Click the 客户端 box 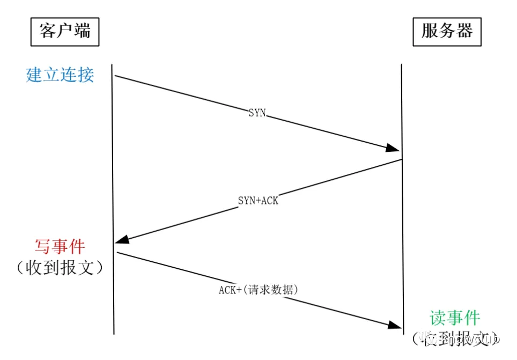point(65,32)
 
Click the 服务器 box point(447,32)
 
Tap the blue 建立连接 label point(60,75)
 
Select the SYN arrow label point(257,113)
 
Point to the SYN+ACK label point(258,201)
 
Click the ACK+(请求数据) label point(258,290)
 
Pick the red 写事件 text point(60,247)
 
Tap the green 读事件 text point(455,318)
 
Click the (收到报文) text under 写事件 point(60,268)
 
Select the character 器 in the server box point(464,32)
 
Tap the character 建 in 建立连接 point(34,75)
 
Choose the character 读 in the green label point(438,318)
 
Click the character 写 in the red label point(43,247)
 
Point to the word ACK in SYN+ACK point(270,201)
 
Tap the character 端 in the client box point(82,32)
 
